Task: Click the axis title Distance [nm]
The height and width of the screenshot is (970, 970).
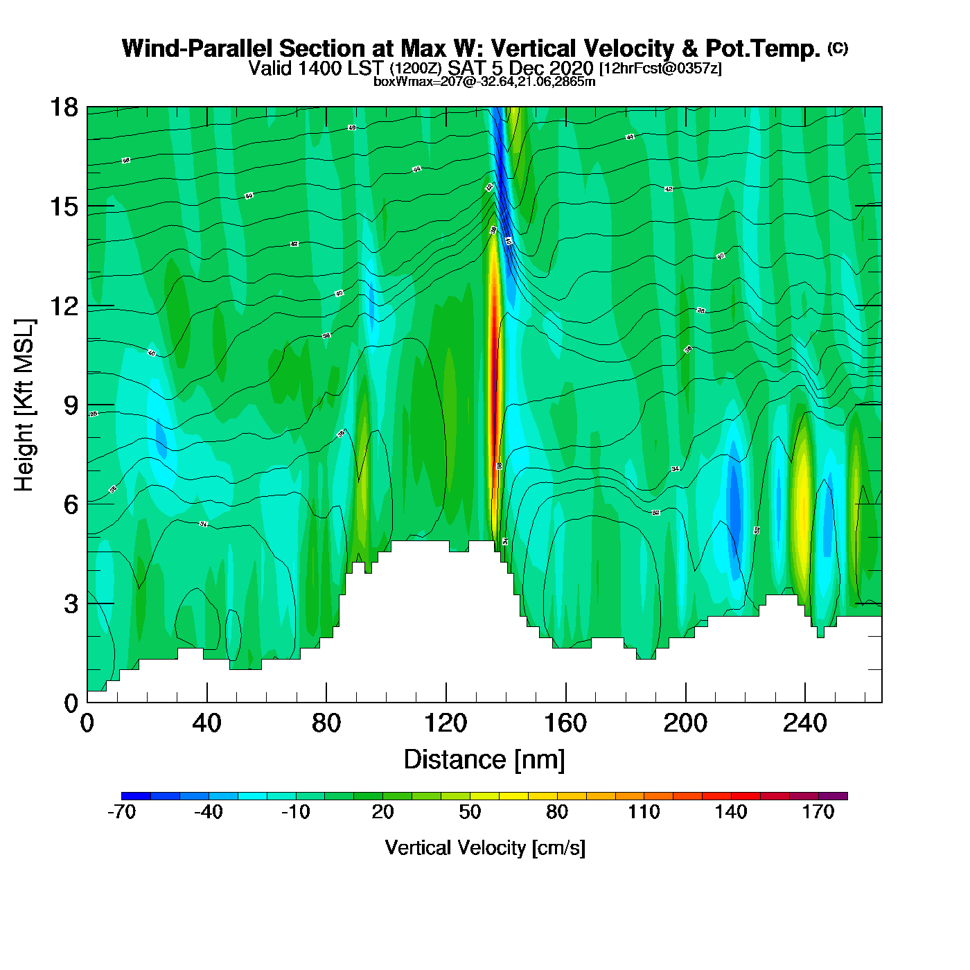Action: tap(484, 760)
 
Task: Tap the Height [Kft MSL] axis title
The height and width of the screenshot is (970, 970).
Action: tap(24, 405)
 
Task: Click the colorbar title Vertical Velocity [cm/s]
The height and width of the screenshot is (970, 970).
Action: tap(485, 848)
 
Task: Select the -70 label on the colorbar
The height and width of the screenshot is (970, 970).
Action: tap(121, 813)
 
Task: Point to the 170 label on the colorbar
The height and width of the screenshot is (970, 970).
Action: tap(818, 813)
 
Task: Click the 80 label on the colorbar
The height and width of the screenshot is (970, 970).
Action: tap(557, 813)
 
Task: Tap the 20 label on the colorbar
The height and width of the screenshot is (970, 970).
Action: tap(382, 813)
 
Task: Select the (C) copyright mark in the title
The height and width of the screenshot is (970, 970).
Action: tap(838, 48)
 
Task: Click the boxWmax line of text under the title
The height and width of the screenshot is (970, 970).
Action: tap(484, 82)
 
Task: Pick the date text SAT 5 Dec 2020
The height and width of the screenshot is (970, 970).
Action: tap(520, 68)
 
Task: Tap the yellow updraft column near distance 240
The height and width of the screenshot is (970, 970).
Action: tap(803, 499)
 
